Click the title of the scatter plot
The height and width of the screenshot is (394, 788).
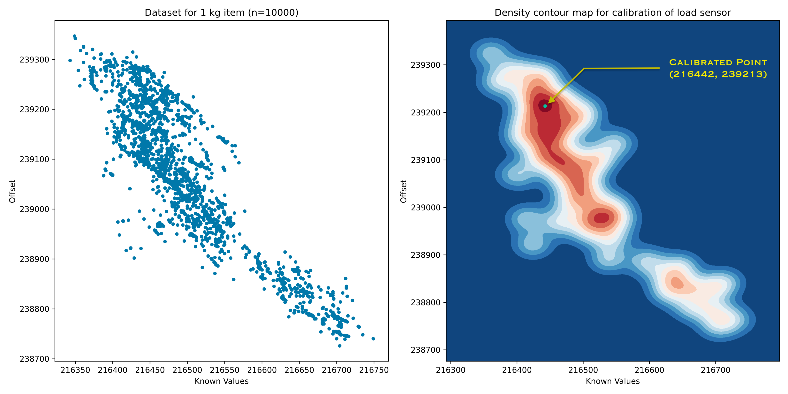click(221, 13)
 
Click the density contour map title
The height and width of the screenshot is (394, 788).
click(612, 13)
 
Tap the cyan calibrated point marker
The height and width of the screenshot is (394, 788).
click(545, 106)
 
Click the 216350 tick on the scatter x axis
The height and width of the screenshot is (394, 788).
click(75, 370)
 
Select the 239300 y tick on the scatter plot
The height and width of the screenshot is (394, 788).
click(34, 60)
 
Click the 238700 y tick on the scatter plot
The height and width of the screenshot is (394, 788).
click(34, 359)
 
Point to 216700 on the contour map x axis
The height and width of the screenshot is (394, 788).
click(715, 370)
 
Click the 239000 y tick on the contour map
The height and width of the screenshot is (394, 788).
click(426, 207)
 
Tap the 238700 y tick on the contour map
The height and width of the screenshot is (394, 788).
click(426, 350)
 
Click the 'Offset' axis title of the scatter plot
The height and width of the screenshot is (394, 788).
click(12, 191)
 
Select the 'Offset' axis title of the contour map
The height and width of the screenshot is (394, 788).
click(403, 191)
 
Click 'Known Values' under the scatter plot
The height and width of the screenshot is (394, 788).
click(221, 381)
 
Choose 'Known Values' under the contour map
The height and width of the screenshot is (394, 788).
click(612, 381)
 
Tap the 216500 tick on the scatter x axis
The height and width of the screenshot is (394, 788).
click(187, 370)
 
